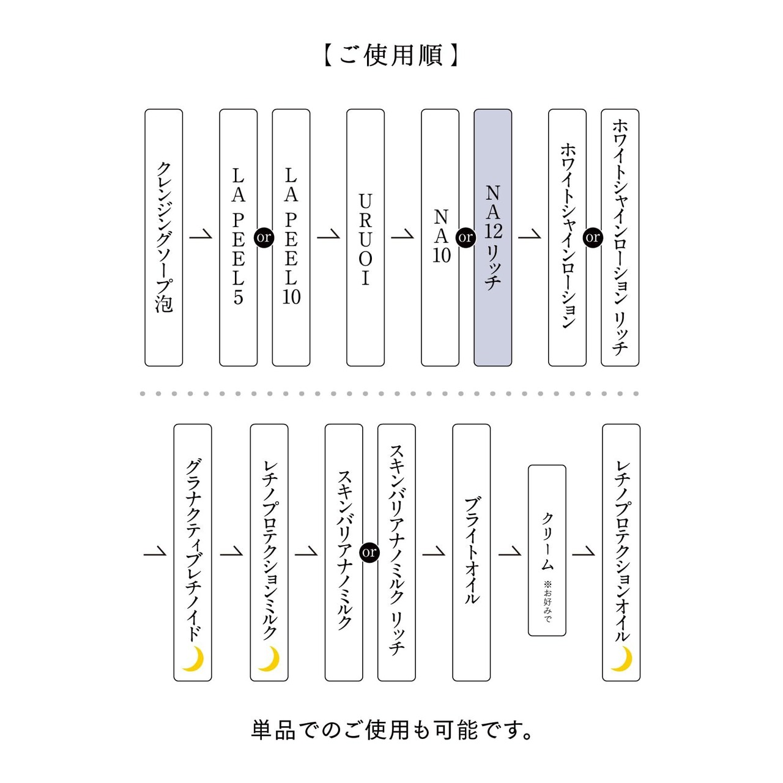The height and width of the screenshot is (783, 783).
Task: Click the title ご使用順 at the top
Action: coord(391,55)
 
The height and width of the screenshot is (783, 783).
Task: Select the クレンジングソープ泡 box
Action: coord(164,237)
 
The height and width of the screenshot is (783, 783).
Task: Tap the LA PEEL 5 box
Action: coord(238,237)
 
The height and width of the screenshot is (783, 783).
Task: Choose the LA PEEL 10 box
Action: coord(291,237)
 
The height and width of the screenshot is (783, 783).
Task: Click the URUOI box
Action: coord(365,237)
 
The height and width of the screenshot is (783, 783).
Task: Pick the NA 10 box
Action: coord(440,237)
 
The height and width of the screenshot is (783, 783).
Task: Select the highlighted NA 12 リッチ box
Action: coord(493,237)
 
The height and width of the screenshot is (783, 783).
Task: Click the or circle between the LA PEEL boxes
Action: coord(264,237)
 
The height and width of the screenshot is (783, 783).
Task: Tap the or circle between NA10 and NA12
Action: coord(466,237)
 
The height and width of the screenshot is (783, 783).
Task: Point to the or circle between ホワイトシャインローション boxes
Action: coord(593,237)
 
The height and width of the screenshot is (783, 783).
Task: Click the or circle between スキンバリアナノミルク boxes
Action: coord(369,552)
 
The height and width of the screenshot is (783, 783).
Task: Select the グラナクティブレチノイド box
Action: coord(193,552)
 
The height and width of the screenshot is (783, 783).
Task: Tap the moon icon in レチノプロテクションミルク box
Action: coord(269,659)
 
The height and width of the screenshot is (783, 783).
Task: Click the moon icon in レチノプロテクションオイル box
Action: coord(622,659)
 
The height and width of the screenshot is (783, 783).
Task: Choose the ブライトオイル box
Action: coord(472,552)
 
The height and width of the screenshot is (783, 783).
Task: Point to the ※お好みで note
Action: coord(547,601)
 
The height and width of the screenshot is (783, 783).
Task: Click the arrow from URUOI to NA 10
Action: coord(403,235)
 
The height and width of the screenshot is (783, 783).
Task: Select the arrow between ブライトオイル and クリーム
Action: coord(510,551)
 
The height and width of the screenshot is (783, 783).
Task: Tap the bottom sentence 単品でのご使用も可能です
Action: coord(391,730)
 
